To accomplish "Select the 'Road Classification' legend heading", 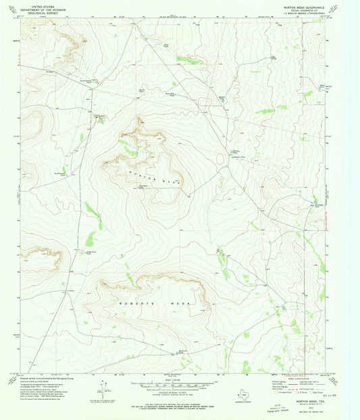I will click(x=297, y=376).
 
